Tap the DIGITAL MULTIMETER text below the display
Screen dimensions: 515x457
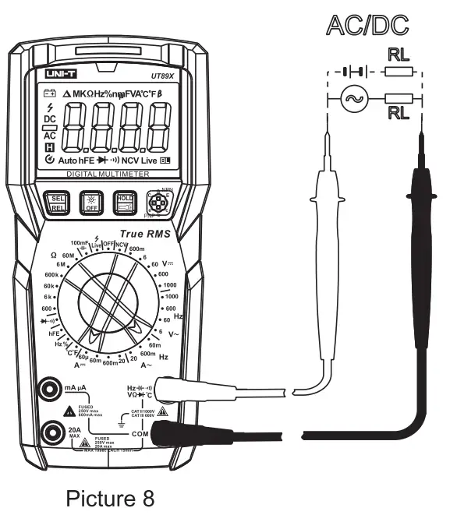click(x=109, y=175)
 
